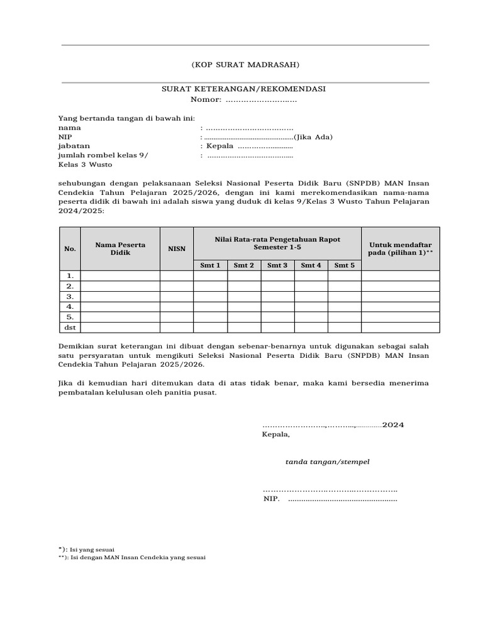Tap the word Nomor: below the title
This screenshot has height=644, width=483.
pyautogui.click(x=206, y=100)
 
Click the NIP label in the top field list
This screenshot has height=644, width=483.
pyautogui.click(x=65, y=137)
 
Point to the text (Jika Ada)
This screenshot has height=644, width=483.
pyautogui.click(x=313, y=137)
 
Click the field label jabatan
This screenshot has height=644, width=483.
pyautogui.click(x=73, y=147)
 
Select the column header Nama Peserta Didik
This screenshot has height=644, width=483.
pyautogui.click(x=119, y=248)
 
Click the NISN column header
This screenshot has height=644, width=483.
pyautogui.click(x=177, y=248)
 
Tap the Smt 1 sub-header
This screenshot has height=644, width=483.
pyautogui.click(x=210, y=265)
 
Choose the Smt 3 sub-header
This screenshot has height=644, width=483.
pyautogui.click(x=277, y=265)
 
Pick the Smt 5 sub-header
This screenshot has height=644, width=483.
pyautogui.click(x=344, y=265)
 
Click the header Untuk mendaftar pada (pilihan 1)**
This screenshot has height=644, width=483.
pyautogui.click(x=401, y=248)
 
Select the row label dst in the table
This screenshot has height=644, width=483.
pyautogui.click(x=70, y=328)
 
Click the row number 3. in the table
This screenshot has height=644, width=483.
pyautogui.click(x=70, y=296)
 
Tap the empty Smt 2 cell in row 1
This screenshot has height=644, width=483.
pyautogui.click(x=244, y=275)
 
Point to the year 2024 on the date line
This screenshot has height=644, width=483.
pyautogui.click(x=393, y=425)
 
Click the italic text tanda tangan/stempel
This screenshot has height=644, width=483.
pyautogui.click(x=327, y=462)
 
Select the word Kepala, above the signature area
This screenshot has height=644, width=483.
pyautogui.click(x=276, y=435)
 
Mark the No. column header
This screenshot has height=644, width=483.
pyautogui.click(x=70, y=248)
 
